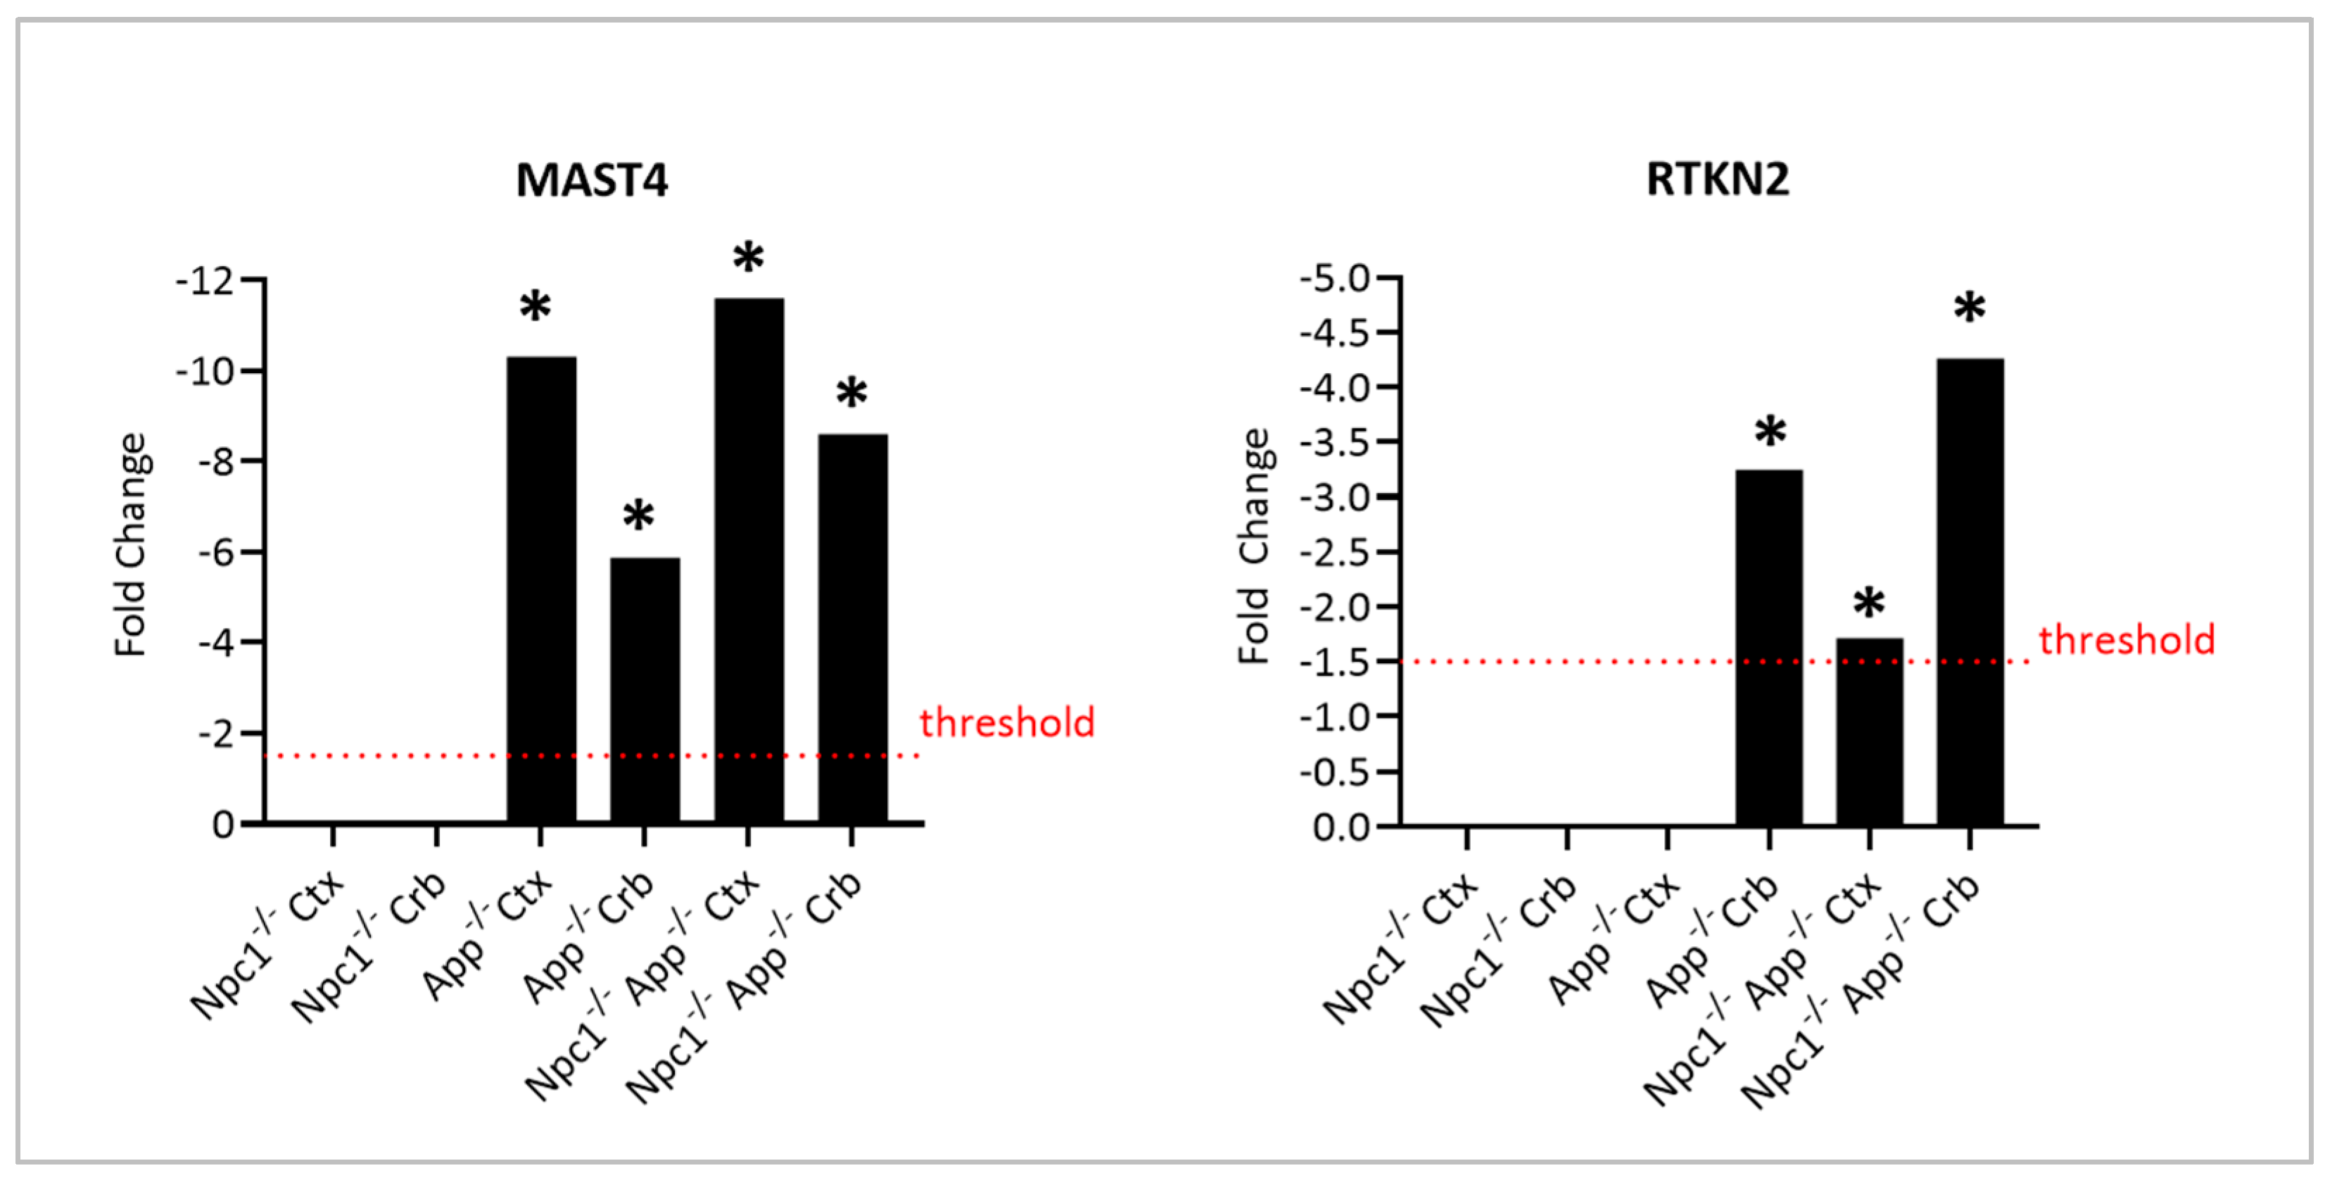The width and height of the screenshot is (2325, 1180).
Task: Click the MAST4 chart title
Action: tap(591, 180)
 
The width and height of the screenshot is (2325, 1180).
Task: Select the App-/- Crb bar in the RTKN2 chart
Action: tap(1768, 646)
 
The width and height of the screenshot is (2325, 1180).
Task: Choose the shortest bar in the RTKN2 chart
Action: tap(1868, 732)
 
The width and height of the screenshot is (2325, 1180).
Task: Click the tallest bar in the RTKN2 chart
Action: tap(1970, 591)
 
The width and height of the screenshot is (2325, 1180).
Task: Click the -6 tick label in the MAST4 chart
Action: tap(217, 553)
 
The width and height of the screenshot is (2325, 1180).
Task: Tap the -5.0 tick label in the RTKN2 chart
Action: tap(1335, 278)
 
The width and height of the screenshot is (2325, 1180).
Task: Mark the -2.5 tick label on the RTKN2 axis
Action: tap(1335, 553)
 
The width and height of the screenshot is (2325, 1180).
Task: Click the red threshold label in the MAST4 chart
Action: tap(1006, 722)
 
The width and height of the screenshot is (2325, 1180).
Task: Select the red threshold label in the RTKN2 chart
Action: tap(2127, 639)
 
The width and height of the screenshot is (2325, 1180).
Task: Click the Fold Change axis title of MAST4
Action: tap(131, 546)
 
